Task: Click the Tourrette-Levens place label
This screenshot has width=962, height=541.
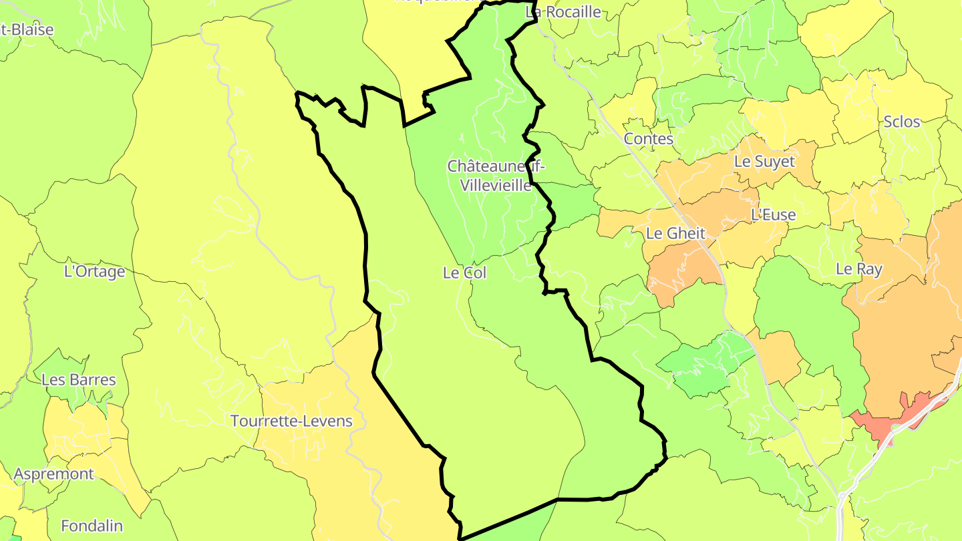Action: click(291, 421)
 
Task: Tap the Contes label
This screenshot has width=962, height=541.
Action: click(648, 139)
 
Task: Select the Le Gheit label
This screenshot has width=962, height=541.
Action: click(676, 234)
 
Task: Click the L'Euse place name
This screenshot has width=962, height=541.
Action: click(774, 215)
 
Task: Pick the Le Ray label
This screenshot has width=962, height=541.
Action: click(859, 269)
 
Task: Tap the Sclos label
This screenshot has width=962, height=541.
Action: click(901, 122)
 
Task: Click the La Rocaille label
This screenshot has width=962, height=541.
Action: click(563, 12)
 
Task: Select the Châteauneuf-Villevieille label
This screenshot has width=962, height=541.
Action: click(496, 176)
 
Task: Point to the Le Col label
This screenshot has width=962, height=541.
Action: click(464, 273)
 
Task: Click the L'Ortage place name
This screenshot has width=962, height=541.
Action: click(94, 272)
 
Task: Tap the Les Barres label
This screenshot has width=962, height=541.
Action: click(79, 380)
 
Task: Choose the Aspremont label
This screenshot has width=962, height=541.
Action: click(54, 474)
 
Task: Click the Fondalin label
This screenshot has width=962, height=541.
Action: click(92, 526)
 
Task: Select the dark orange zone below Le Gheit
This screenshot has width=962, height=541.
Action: click(681, 274)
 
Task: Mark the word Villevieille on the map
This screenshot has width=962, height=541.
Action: click(496, 185)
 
